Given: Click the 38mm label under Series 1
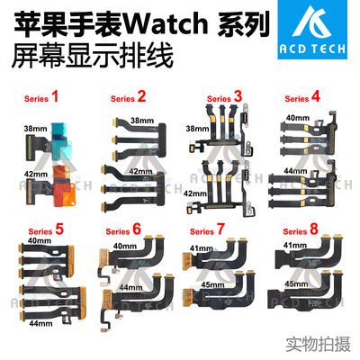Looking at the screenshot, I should pos(36,128).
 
